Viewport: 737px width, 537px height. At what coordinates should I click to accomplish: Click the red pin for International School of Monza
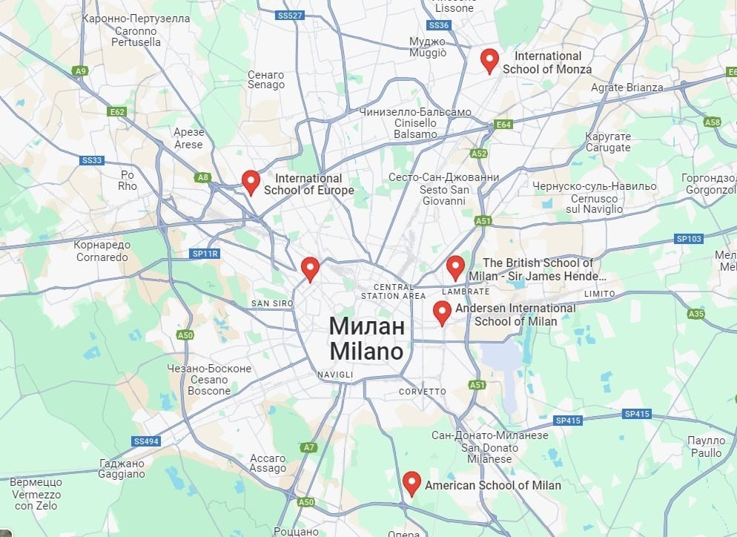pos(489,60)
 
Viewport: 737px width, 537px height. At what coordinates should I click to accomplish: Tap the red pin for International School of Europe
pos(251,182)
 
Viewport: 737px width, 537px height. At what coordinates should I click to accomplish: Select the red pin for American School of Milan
pos(412,484)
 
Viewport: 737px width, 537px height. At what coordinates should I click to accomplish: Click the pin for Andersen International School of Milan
pos(443,313)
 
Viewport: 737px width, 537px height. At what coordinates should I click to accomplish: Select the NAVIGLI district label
pos(335,375)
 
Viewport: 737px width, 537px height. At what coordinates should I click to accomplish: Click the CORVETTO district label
pos(423,391)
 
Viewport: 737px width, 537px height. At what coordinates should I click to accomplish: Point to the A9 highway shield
pos(80,70)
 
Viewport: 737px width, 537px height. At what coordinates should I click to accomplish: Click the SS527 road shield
pos(288,15)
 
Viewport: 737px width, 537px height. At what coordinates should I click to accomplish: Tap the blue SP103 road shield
pos(689,239)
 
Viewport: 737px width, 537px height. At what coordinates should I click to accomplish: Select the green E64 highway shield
pos(503,124)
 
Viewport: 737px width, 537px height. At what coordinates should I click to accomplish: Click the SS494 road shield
pos(147,441)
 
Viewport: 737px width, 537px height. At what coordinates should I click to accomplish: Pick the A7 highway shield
pos(309,447)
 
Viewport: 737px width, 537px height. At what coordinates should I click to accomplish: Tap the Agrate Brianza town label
pos(627,88)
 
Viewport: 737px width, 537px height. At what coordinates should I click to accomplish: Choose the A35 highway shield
pos(695,314)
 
